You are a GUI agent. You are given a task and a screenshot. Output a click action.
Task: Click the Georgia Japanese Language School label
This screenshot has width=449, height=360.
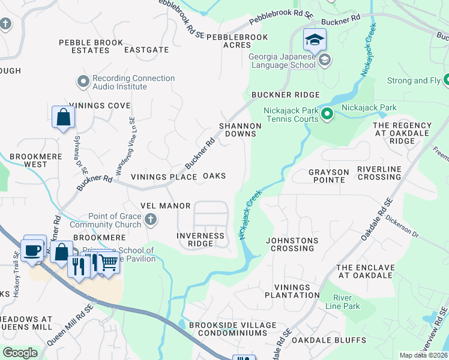coord(282,60)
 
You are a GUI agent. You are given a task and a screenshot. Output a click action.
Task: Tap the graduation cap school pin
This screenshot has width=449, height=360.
coord(315,40)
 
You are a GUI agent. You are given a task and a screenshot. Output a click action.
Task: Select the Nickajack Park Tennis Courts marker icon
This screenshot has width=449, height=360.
coord(327,113)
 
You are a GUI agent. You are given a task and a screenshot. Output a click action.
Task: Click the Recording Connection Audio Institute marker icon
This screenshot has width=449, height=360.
coord(83,80)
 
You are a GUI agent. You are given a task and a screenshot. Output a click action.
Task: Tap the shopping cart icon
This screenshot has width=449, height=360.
coord(107,262)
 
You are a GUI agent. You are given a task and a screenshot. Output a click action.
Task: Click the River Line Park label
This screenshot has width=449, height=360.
coord(346,302)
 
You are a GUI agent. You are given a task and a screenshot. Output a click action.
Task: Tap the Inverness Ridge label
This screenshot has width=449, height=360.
coord(200,240)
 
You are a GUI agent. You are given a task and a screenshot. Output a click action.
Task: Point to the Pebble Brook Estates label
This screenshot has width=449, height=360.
coord(91,46)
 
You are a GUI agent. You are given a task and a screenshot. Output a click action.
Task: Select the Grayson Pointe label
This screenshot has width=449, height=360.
coord(328,176)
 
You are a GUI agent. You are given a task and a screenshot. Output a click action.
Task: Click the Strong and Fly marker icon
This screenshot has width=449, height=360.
coord(447,80)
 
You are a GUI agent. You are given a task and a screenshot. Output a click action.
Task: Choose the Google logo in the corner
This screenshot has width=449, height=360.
coord(20,353)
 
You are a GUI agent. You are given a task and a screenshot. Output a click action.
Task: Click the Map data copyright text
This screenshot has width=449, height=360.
coord(424,355)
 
